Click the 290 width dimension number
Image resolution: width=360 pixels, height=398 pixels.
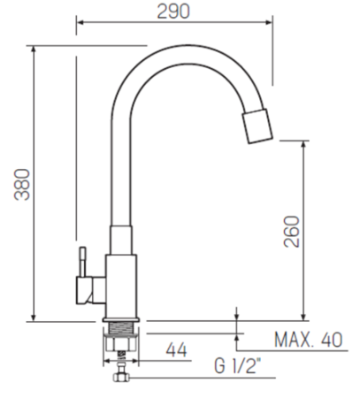pyautogui.click(x=173, y=11)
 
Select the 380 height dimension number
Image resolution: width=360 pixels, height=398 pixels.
pyautogui.click(x=22, y=185)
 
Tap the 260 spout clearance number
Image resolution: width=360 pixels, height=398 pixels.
pyautogui.click(x=291, y=232)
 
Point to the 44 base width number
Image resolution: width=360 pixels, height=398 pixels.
pyautogui.click(x=176, y=350)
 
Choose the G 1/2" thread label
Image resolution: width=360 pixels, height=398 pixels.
pyautogui.click(x=238, y=366)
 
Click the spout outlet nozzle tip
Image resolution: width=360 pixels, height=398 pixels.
pyautogui.click(x=257, y=126)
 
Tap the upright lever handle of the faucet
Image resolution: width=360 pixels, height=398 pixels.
pyautogui.click(x=82, y=262)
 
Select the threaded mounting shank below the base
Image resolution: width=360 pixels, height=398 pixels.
pyautogui.click(x=121, y=329)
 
